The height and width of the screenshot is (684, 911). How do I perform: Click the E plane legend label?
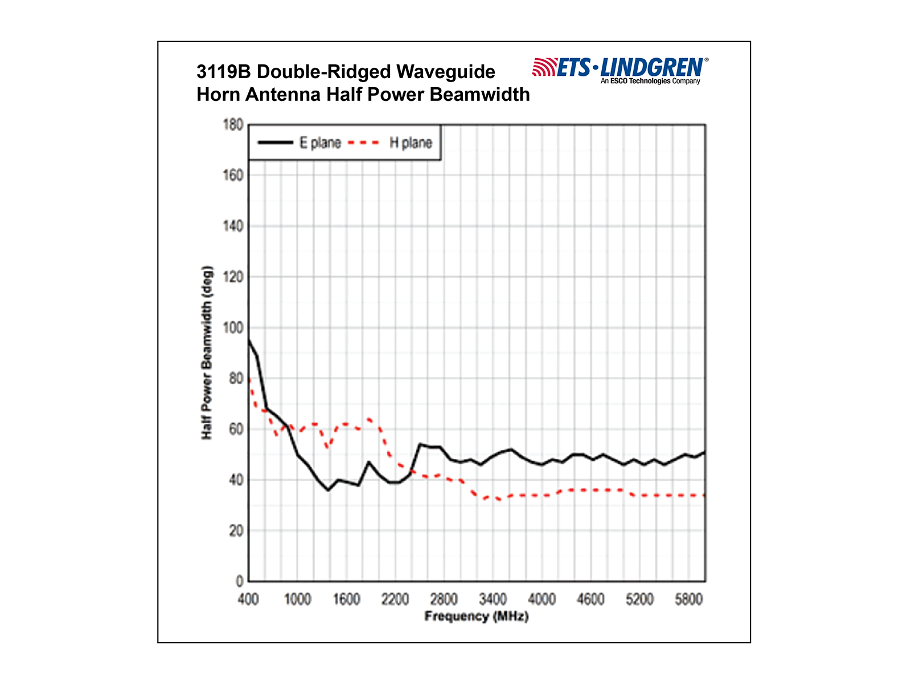coord(320,142)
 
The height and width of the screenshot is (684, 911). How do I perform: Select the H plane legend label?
coord(411,142)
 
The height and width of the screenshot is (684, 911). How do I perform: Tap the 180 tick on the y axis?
coord(233,125)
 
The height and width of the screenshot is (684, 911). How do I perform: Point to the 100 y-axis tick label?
coord(233,328)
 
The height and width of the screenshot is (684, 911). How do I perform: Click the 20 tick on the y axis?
coord(236,531)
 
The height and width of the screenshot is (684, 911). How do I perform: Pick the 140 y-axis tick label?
coord(233,226)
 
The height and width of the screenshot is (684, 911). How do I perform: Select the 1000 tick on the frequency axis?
coord(297,599)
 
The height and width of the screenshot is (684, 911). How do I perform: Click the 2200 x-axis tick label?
coord(395,599)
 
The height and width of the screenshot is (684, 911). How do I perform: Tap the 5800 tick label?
coord(688,599)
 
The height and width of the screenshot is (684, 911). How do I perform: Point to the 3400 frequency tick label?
coord(493,599)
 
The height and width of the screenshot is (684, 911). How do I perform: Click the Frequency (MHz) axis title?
coord(477,616)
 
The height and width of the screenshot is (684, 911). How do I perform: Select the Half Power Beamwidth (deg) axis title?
coord(207,352)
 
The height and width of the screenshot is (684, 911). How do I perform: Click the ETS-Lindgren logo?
coord(619,70)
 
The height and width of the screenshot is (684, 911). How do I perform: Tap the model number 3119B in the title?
coord(224,72)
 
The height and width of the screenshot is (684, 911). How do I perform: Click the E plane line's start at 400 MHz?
coord(249,340)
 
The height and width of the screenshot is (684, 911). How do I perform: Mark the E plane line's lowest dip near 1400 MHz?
coord(328,490)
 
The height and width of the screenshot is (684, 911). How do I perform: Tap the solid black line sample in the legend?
coord(275,142)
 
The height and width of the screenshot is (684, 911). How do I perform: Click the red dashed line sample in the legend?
coord(363,142)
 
